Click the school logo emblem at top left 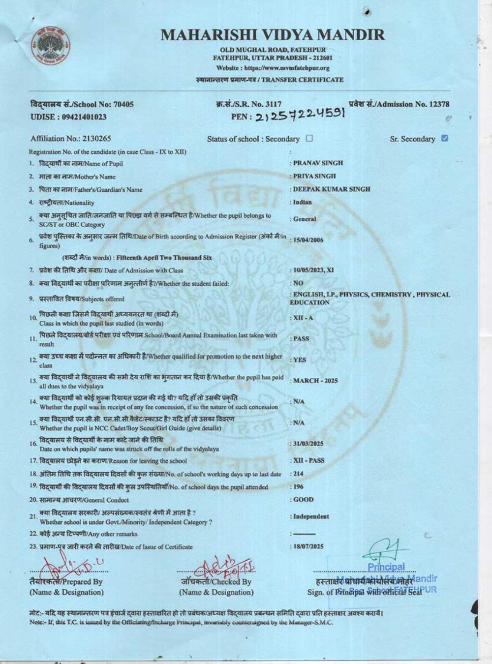tap(50, 48)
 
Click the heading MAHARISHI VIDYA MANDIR tap(273, 34)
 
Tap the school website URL tap(273, 68)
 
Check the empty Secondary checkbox tap(309, 138)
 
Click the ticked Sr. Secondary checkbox tap(445, 138)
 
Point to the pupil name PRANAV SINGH tap(318, 163)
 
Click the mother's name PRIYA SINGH tap(314, 176)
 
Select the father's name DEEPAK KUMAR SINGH tap(332, 189)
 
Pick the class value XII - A tap(303, 318)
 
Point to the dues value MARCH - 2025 tap(315, 381)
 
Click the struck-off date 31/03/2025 tap(308, 443)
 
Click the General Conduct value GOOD tap(304, 499)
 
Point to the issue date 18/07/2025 tap(308, 546)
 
